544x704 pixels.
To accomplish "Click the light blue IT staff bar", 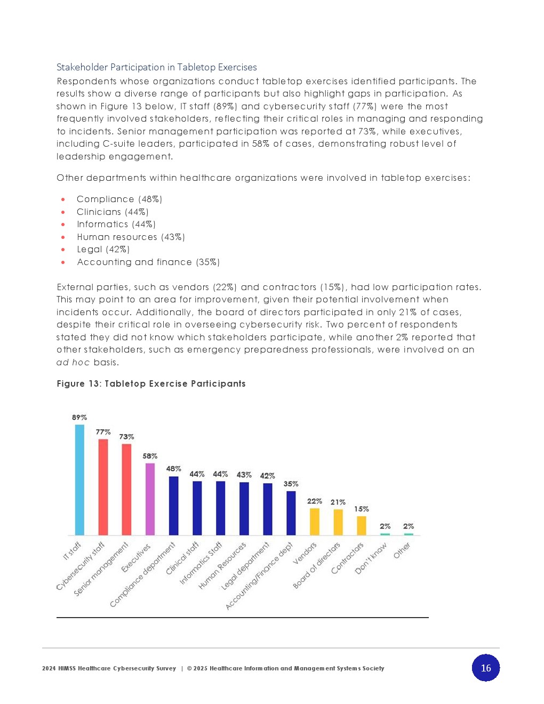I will [79, 479].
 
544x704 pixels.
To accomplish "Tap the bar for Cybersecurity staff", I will [103, 487].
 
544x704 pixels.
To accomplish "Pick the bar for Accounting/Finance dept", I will [291, 513].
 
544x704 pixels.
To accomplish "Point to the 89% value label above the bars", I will [79, 418].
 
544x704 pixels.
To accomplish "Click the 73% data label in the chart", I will [126, 437].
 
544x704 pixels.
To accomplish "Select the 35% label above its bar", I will [291, 484].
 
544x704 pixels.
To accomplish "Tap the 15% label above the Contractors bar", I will [361, 509].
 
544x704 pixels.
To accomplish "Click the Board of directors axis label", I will [316, 565].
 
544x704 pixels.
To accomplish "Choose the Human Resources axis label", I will [222, 566].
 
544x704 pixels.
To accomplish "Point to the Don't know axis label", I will [371, 559].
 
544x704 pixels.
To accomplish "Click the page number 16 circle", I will [485, 668].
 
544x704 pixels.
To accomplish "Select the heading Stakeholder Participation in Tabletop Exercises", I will [156, 67].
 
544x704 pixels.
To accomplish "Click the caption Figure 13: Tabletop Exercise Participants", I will [151, 383].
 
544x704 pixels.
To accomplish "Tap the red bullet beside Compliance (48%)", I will [63, 199].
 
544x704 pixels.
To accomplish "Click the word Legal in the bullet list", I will [89, 250].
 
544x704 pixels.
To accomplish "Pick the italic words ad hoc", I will [73, 363].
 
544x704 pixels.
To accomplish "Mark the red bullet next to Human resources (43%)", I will [63, 237].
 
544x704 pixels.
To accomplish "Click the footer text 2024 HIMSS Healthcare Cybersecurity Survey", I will [109, 668].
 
